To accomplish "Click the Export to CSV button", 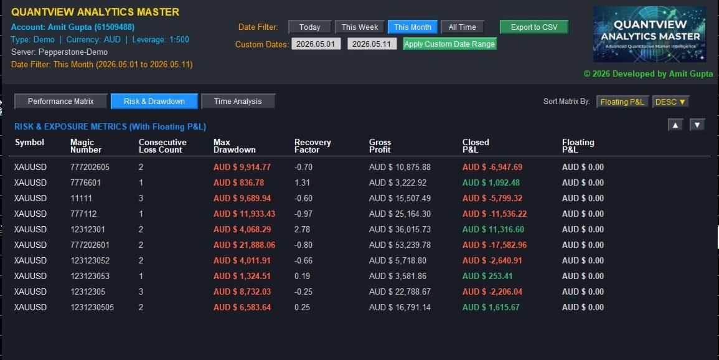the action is point(533,27).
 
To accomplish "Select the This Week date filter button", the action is point(360,27).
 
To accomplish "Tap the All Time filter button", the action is point(462,27).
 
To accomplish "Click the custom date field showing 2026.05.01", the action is point(316,44).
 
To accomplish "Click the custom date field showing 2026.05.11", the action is point(372,44).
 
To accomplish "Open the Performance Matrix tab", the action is point(60,102).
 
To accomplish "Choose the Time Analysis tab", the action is point(238,102).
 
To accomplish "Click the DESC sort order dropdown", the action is point(670,102).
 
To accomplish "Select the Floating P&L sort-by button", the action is point(623,102).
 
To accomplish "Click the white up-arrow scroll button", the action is point(675,125).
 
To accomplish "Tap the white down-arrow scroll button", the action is point(697,125).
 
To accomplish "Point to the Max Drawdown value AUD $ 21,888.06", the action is point(245,245).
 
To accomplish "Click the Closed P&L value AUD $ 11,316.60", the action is point(493,229).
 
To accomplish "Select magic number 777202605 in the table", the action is point(90,167).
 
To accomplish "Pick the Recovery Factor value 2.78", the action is point(302,229).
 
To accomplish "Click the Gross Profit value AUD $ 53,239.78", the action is point(400,245).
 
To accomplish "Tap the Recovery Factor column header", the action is point(313,146).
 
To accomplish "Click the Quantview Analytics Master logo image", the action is point(649,34).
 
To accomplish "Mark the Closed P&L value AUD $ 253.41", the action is point(487,276).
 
